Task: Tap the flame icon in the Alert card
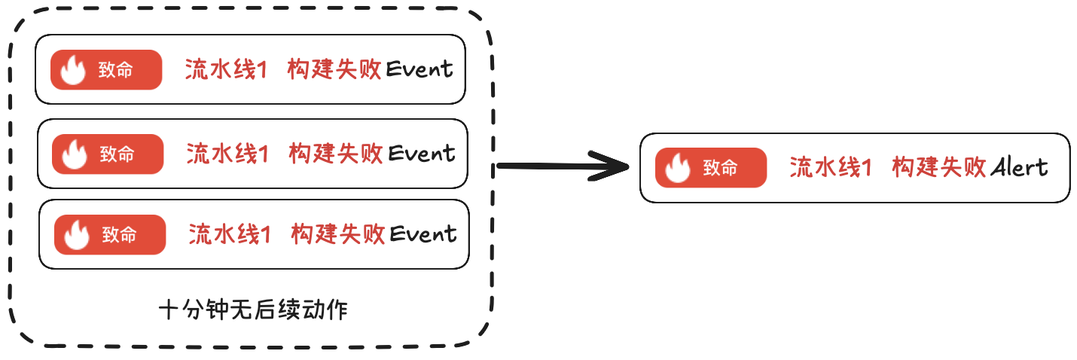coord(678,167)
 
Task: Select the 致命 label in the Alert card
coord(721,168)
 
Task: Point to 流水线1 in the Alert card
coord(831,167)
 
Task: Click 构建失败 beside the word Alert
coord(939,167)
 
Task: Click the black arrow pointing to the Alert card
coord(563,166)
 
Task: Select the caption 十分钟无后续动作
coord(254,310)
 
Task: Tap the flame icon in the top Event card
coord(73,70)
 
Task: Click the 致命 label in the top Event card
coord(116,70)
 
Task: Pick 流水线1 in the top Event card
coord(226,70)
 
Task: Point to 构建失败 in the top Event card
coord(334,70)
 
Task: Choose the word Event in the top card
coord(420,70)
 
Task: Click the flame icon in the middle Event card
coord(75,154)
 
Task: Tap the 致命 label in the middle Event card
coord(117,154)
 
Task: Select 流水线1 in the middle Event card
coord(227,154)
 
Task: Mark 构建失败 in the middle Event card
coord(336,154)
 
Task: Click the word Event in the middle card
coord(421,154)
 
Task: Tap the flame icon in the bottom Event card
coord(77,235)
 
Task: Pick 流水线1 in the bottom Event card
coord(230,234)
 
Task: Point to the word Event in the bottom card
coord(423,234)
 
